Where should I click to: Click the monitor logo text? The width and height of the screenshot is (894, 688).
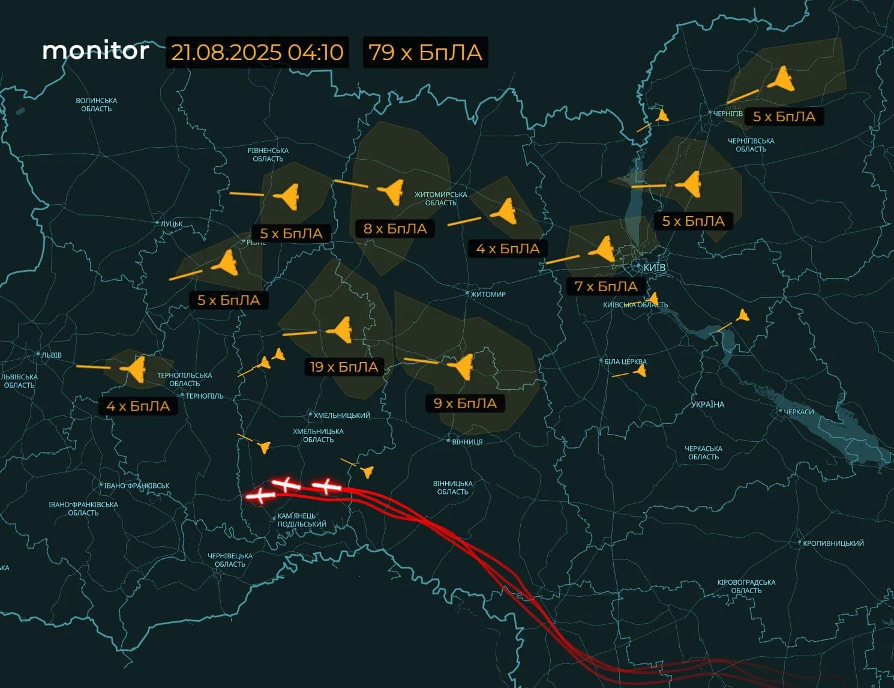[95, 51]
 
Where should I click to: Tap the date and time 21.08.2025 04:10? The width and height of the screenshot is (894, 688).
[257, 52]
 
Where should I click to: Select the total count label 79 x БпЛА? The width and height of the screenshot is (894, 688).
[425, 52]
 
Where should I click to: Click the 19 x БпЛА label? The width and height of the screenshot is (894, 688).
[344, 367]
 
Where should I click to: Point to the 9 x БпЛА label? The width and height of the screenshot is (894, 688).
[465, 403]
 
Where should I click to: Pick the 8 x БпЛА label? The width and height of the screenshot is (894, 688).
[395, 229]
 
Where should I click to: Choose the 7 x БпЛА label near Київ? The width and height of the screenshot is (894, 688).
[605, 286]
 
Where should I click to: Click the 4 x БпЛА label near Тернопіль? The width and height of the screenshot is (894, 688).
[138, 406]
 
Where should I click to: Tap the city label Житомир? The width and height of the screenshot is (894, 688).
[488, 294]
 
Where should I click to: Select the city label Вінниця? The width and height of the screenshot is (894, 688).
[467, 442]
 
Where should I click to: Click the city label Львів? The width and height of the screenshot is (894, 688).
[52, 355]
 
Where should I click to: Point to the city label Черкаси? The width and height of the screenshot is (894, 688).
[799, 412]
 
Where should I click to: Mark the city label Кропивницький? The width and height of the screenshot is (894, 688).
[833, 543]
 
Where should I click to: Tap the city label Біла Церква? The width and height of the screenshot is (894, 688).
[625, 361]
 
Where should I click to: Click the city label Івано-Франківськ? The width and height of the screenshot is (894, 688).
[137, 486]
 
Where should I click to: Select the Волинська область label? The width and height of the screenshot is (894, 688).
[97, 104]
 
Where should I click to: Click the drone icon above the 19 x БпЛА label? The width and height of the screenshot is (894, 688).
[340, 330]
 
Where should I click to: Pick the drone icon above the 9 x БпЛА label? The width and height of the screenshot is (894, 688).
[461, 365]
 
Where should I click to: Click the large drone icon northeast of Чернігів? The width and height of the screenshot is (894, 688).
[782, 79]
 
